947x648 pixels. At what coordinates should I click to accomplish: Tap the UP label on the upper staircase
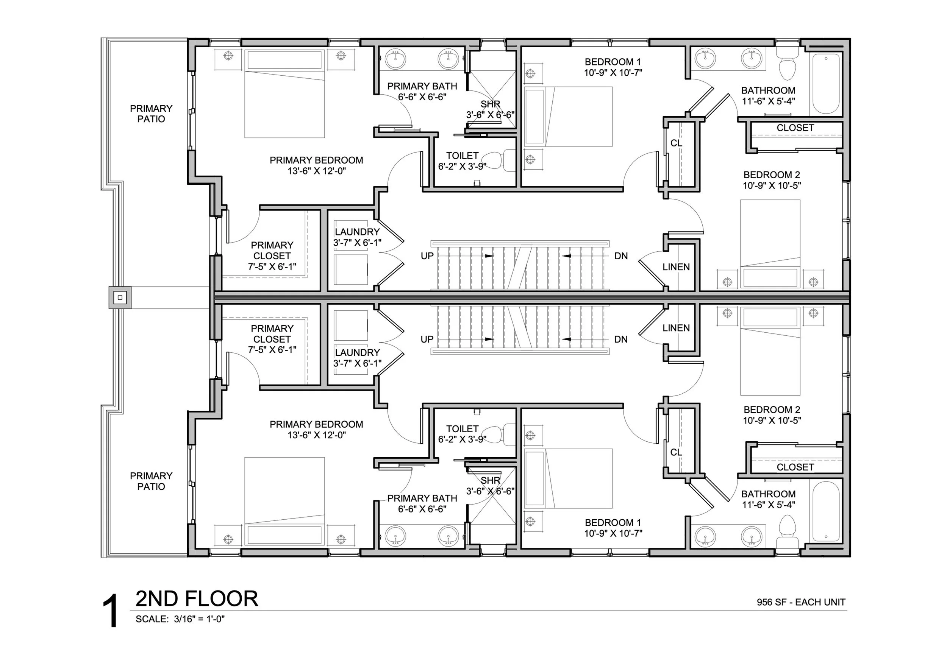(x=427, y=256)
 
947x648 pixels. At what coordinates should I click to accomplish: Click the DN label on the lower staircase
(x=620, y=339)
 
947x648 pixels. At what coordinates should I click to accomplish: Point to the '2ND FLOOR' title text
(x=197, y=599)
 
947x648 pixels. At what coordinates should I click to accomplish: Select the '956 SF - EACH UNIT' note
(x=801, y=602)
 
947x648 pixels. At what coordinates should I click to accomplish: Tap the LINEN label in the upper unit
(x=676, y=267)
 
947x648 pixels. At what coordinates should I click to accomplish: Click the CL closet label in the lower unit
(x=676, y=452)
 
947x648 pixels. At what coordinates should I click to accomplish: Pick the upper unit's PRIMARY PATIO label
(x=151, y=114)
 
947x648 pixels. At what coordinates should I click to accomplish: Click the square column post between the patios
(x=120, y=298)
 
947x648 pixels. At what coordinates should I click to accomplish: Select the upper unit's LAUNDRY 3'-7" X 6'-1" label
(x=357, y=237)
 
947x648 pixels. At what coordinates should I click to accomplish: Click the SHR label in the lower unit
(x=490, y=480)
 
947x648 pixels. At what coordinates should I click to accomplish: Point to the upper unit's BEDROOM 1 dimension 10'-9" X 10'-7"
(x=613, y=73)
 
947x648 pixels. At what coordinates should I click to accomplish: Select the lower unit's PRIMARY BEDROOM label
(x=316, y=424)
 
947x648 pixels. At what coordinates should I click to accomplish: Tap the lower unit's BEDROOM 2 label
(x=772, y=410)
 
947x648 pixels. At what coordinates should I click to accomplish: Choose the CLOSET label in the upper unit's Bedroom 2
(x=795, y=128)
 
